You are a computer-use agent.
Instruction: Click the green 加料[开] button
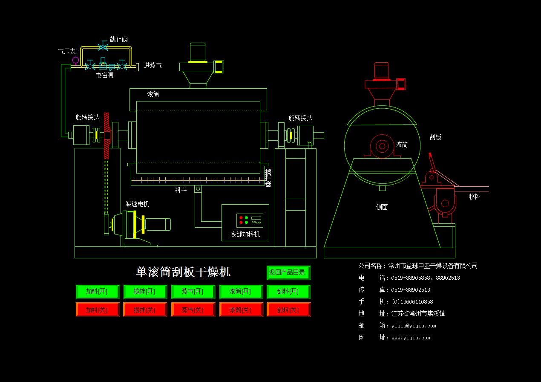(x=97, y=292)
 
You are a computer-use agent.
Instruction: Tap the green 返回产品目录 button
(x=288, y=272)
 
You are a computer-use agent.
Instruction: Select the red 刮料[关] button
(x=288, y=310)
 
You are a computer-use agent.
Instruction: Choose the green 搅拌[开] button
(x=145, y=292)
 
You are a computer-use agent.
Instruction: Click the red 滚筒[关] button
(x=241, y=310)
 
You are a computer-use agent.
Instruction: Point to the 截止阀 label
(x=118, y=40)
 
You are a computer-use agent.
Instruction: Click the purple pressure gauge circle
(x=75, y=60)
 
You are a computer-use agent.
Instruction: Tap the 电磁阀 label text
(x=104, y=75)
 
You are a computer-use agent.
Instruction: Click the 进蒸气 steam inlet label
(x=153, y=66)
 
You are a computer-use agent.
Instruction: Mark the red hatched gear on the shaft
(x=106, y=136)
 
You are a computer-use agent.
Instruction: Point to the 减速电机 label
(x=137, y=204)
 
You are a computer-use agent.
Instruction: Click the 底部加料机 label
(x=245, y=234)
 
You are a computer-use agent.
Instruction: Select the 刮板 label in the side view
(x=435, y=137)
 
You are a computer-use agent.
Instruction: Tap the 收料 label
(x=475, y=197)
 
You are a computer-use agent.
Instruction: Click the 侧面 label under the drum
(x=382, y=208)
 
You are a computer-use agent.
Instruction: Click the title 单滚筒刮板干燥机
(x=183, y=272)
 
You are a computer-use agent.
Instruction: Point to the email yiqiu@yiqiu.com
(x=414, y=326)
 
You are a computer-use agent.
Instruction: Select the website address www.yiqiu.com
(x=411, y=338)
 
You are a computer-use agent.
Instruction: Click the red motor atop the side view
(x=381, y=71)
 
